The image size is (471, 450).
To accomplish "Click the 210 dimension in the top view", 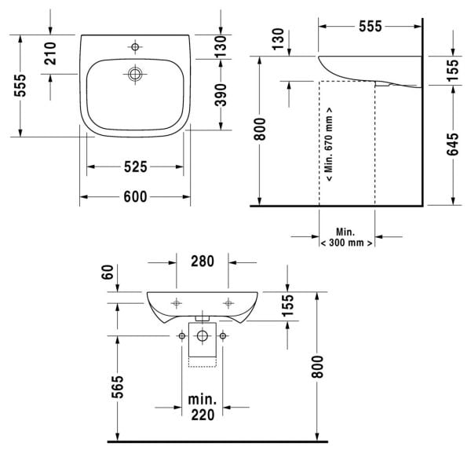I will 50,53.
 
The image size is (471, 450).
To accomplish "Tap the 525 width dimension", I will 136,166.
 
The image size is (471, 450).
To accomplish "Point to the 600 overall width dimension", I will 136,197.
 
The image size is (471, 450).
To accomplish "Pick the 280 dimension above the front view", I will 203,262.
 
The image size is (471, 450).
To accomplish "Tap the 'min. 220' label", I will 203,408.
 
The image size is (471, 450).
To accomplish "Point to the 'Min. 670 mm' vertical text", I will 328,145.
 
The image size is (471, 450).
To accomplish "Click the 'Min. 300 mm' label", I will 346,238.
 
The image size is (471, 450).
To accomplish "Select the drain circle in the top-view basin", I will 136,75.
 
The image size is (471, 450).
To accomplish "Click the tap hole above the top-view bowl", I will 136,48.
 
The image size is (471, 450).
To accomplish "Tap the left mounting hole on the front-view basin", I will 177,302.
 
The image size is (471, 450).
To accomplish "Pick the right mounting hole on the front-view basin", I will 228,302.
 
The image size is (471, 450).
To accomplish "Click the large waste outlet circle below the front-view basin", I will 203,336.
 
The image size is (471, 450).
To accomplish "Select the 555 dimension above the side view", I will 370,26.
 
